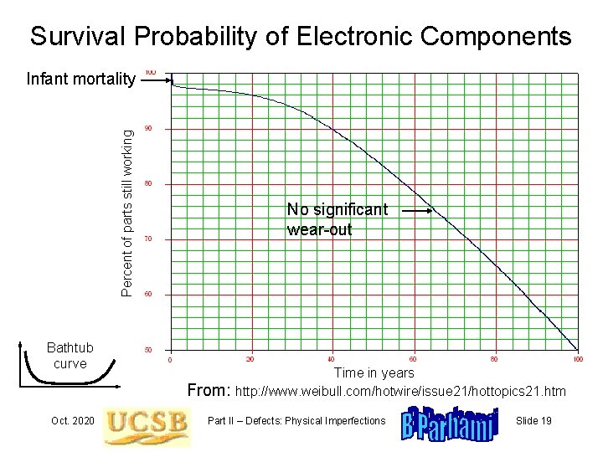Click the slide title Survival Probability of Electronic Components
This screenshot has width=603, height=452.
point(301,37)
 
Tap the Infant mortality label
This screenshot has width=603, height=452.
point(80,80)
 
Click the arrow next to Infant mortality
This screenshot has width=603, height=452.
point(156,80)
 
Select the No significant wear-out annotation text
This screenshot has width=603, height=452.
point(337,219)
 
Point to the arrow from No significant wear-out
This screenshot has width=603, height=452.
point(415,212)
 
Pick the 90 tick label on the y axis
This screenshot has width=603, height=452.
point(148,129)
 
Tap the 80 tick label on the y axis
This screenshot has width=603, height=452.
point(148,184)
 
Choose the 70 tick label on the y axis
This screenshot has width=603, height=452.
point(148,239)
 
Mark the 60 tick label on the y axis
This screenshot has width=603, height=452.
point(148,295)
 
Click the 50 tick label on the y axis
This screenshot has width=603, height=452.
point(148,350)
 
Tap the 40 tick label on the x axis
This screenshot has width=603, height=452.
point(332,359)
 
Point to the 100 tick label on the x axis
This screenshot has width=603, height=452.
point(578,359)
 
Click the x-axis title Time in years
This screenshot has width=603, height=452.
point(374,372)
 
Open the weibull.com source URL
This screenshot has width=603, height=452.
point(401,391)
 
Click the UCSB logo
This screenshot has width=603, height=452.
point(146,424)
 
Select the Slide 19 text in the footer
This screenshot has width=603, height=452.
point(534,420)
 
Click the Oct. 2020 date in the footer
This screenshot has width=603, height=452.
point(71,420)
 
